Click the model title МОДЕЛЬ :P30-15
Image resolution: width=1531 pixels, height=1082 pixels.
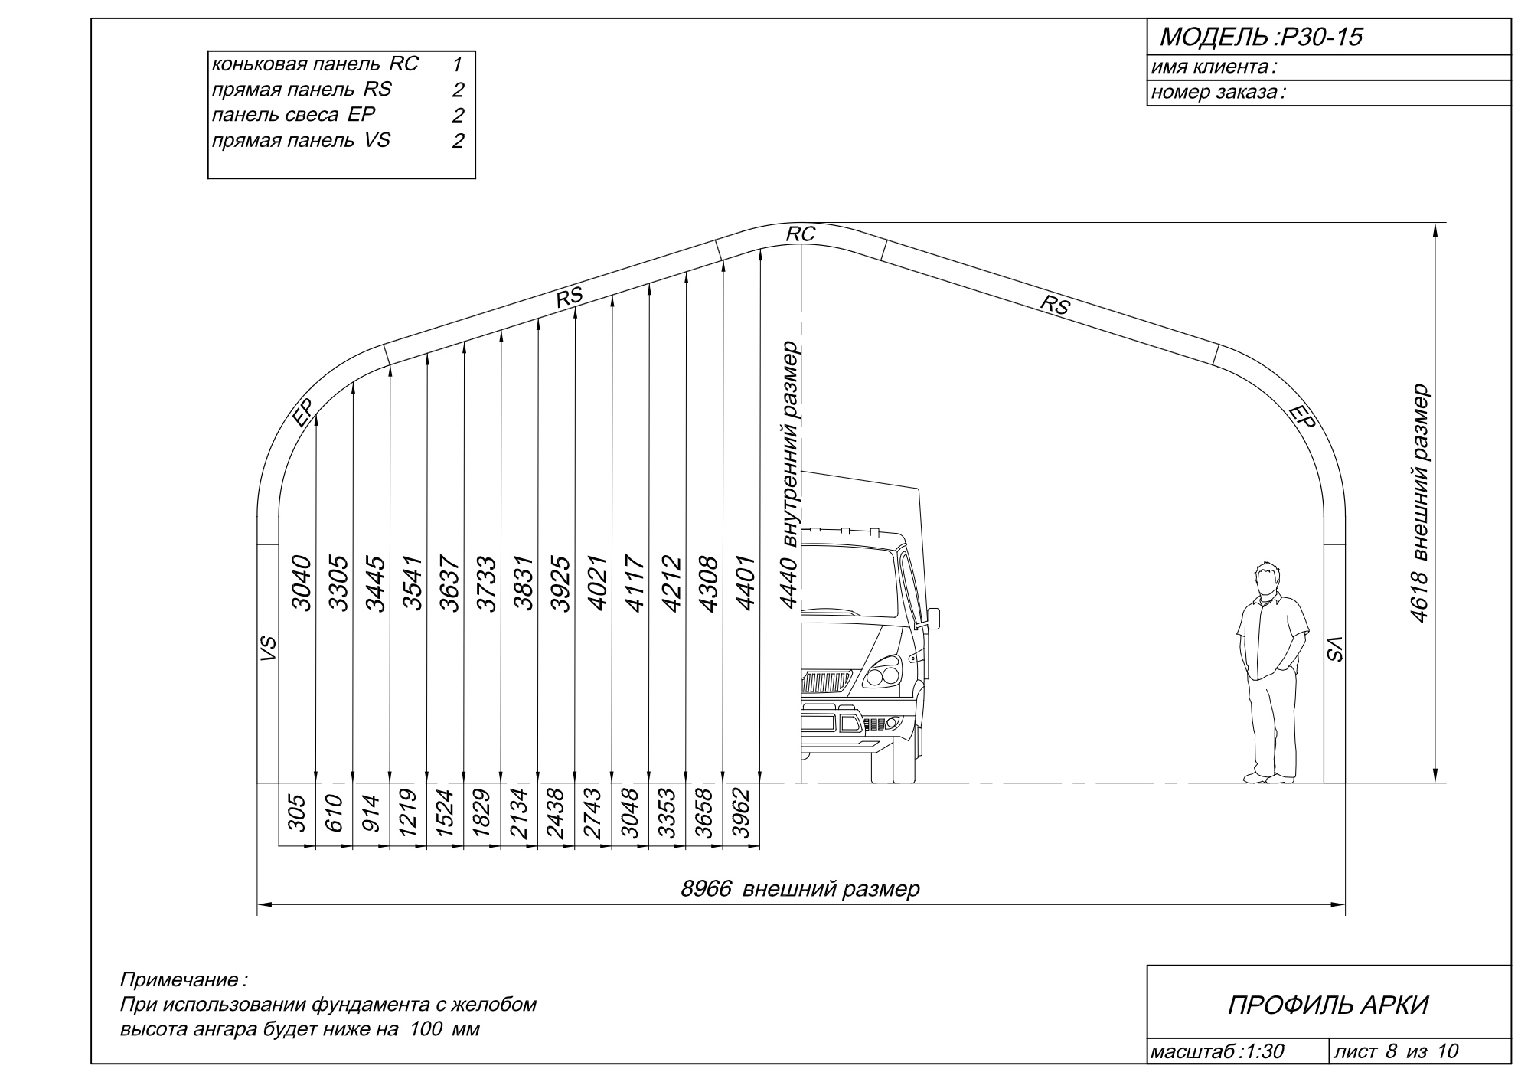[x=1261, y=37]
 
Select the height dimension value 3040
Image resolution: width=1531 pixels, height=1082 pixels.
[x=302, y=583]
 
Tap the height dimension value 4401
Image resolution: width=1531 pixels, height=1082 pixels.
[x=745, y=583]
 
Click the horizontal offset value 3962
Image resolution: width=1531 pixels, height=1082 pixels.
[x=739, y=814]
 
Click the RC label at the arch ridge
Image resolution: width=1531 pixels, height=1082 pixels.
[x=801, y=234]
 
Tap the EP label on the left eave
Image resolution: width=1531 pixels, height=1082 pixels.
[x=303, y=414]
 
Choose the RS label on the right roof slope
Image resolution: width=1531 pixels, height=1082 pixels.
[x=1054, y=305]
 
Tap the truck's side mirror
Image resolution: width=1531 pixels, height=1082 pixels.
[x=933, y=618]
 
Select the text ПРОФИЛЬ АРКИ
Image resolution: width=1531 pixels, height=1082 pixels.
[x=1328, y=1005]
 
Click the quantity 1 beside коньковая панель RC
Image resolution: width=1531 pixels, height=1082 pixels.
[x=457, y=64]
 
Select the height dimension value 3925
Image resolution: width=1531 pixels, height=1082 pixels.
[x=560, y=583]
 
